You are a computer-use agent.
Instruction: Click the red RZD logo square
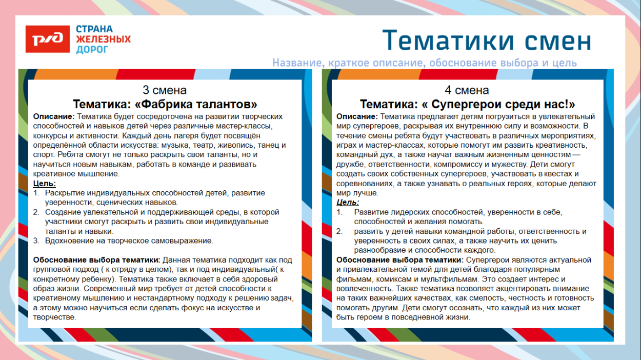click(48, 39)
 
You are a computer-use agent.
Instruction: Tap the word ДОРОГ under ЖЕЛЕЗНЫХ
click(92, 50)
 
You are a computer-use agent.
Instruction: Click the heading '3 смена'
click(165, 90)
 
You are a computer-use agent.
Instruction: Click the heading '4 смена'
click(467, 90)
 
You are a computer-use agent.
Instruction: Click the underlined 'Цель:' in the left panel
click(45, 183)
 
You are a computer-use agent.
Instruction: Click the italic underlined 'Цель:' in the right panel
click(348, 202)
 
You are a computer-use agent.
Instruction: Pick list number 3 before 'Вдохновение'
click(36, 241)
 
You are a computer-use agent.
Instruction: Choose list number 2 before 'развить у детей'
click(339, 231)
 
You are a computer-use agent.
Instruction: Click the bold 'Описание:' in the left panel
click(53, 116)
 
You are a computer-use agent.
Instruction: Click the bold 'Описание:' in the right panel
click(357, 116)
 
